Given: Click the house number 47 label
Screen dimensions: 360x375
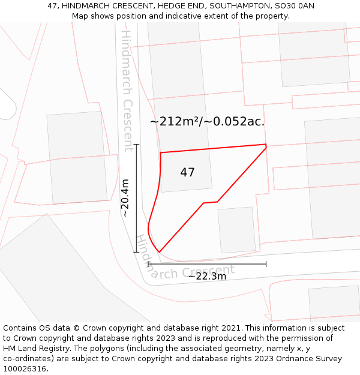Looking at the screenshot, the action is pos(187,173).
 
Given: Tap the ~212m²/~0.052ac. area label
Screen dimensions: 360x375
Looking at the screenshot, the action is pos(207,122).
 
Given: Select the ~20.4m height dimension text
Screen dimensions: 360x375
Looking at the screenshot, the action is pos(125,198).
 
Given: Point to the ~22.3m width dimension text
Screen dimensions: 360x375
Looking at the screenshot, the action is pos(207,277).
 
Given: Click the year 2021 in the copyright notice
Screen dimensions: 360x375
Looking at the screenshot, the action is pos(230,328).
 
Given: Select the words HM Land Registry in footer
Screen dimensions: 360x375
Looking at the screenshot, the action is pos(34,349).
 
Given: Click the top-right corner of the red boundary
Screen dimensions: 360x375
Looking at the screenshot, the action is pos(266,145).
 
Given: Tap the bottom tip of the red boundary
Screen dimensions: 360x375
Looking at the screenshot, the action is pos(159,252).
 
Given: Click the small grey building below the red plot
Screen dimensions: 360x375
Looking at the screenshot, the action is pos(236,230).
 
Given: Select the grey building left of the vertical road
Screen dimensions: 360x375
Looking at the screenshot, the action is pos(77,157).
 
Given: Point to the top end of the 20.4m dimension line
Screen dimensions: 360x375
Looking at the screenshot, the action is pos(137,145).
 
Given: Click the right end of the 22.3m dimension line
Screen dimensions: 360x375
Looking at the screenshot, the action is pos(266,263).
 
